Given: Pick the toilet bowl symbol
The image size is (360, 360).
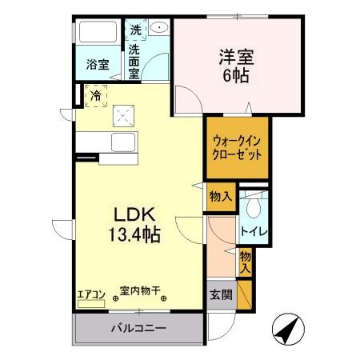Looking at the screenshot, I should (x=253, y=207).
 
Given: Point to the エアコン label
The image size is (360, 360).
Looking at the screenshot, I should (x=90, y=293).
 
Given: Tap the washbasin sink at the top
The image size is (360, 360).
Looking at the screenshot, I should (x=160, y=27).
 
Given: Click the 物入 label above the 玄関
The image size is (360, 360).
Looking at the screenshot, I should (x=245, y=262).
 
